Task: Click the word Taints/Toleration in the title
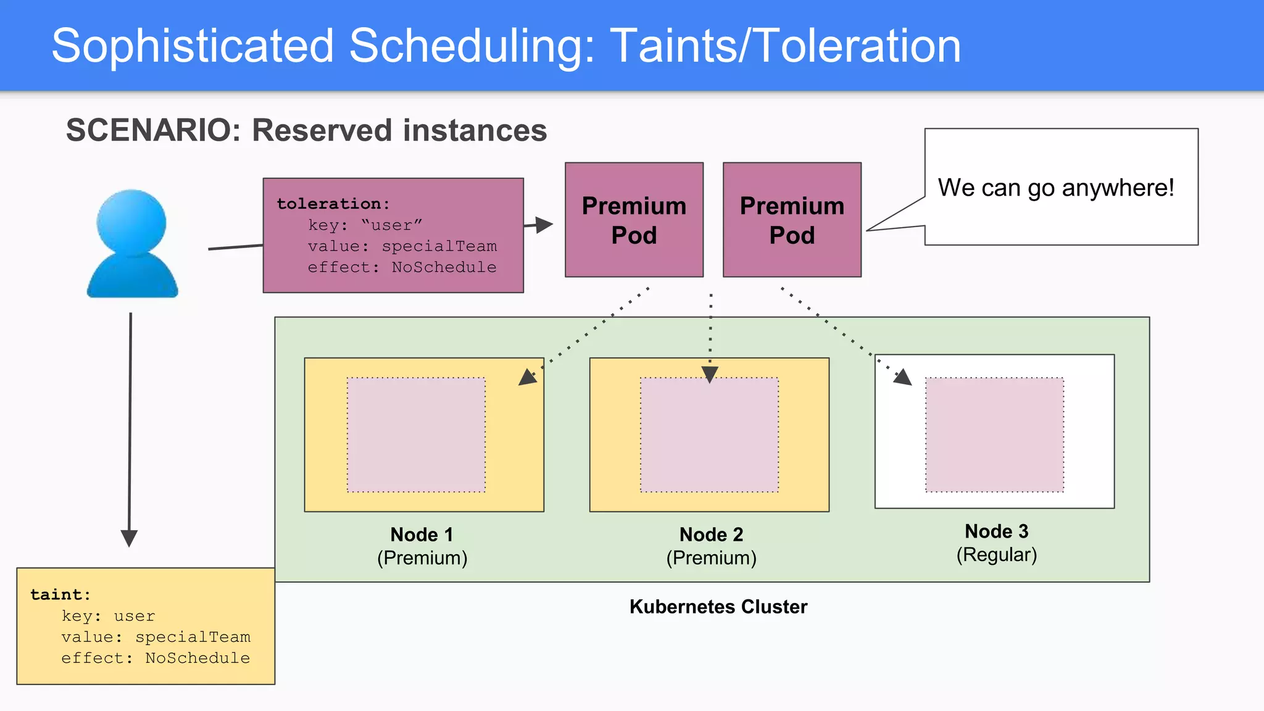[x=785, y=46]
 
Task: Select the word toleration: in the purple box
[x=333, y=204]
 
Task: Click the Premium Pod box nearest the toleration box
[x=634, y=220]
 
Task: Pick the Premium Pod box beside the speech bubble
[x=792, y=220]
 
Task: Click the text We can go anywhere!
[x=1055, y=188]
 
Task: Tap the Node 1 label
[x=422, y=534]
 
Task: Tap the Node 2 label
[x=711, y=534]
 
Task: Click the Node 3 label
[x=996, y=531]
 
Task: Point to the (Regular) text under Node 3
[x=996, y=555]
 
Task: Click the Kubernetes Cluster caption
[x=718, y=607]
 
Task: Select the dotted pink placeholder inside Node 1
[x=416, y=434]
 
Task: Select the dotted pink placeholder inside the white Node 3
[x=994, y=434]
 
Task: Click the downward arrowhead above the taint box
[x=129, y=538]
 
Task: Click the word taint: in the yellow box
[x=60, y=594]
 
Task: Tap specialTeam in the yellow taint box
[x=193, y=637]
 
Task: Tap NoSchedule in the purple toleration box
[x=444, y=267]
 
